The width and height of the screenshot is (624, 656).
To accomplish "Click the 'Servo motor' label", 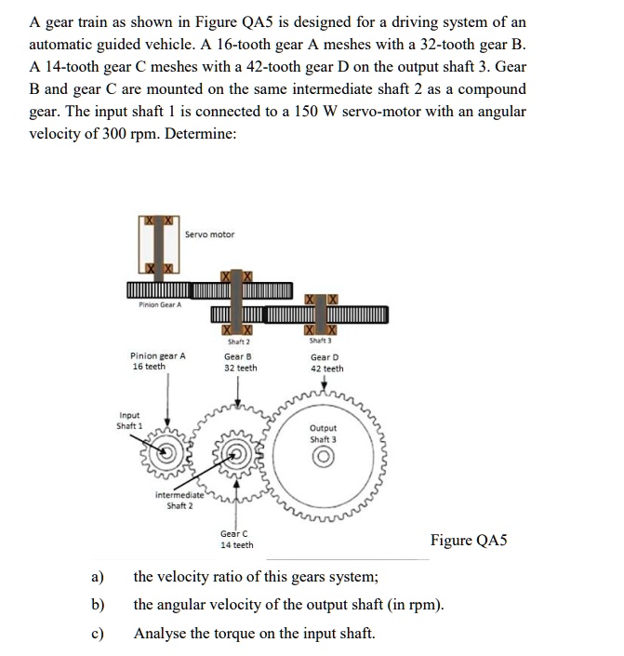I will (209, 234).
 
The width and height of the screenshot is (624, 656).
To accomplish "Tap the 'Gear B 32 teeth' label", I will (240, 362).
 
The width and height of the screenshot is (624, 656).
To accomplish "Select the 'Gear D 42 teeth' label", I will (325, 363).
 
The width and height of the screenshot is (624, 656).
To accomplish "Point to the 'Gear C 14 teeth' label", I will (236, 539).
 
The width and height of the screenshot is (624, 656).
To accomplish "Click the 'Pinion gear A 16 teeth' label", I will (157, 361).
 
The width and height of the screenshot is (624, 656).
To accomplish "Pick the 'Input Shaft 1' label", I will (130, 421).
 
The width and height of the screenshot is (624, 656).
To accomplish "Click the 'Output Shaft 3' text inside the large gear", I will (324, 434).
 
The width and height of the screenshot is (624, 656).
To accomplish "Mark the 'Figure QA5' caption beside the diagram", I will (476, 541).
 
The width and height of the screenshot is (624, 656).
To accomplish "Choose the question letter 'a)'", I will (97, 577).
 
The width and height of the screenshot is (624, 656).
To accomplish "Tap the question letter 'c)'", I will (97, 634).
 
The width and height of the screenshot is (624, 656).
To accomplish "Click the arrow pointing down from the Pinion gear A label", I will (168, 409).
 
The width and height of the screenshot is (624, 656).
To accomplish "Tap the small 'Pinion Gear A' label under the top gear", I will (160, 304).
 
